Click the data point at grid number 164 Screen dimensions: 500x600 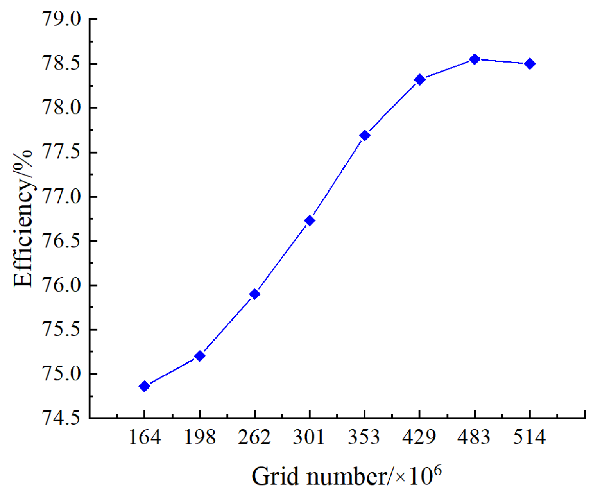click(145, 386)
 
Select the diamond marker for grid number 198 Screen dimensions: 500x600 click(200, 356)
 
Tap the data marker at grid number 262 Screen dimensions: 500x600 click(255, 294)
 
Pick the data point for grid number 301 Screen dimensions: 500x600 click(310, 220)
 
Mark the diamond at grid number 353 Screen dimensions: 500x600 click(365, 135)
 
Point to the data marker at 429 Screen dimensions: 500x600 click(420, 79)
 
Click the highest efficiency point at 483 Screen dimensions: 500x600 click(475, 59)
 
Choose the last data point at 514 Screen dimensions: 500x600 click(530, 63)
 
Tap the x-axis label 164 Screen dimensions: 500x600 click(145, 437)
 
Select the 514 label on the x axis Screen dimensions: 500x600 click(530, 437)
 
